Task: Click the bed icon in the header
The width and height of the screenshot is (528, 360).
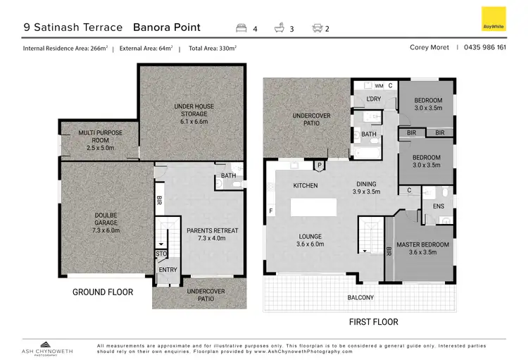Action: click(x=241, y=29)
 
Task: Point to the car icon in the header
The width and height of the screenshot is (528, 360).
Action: click(x=317, y=29)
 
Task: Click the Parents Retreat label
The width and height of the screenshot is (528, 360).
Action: click(x=212, y=235)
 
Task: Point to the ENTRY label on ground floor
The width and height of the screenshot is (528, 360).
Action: click(x=168, y=270)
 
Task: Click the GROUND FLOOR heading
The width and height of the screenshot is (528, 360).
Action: click(x=103, y=292)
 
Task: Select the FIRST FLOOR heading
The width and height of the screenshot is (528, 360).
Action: click(x=373, y=322)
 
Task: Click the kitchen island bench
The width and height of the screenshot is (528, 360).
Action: click(x=318, y=208)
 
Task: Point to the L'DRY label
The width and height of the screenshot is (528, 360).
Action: click(x=374, y=99)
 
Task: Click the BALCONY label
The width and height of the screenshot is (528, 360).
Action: click(x=360, y=298)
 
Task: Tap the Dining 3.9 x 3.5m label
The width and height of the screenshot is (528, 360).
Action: click(x=365, y=187)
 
